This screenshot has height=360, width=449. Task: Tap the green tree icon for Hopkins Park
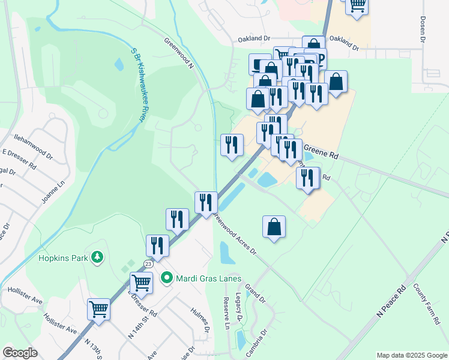click(x=96, y=258)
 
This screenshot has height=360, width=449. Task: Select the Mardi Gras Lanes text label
click(x=208, y=278)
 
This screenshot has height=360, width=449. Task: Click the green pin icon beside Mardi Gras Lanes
click(x=167, y=278)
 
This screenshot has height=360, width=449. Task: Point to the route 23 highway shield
click(x=148, y=263)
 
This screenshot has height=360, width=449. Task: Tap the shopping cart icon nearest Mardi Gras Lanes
click(x=142, y=281)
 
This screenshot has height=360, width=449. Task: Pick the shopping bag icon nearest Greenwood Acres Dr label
click(x=274, y=226)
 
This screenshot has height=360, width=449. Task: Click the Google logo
click(x=20, y=353)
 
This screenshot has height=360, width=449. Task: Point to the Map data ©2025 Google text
click(x=411, y=355)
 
